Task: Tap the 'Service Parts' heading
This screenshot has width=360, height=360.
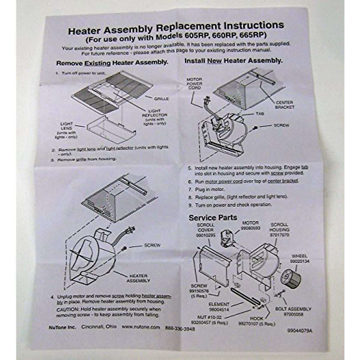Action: [213, 217]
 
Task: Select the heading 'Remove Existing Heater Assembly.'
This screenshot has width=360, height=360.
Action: [112, 63]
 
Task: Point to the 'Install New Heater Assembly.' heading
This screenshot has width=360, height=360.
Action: [233, 61]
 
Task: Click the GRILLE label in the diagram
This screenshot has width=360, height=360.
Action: [161, 98]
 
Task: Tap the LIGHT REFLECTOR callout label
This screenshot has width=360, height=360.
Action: [156, 113]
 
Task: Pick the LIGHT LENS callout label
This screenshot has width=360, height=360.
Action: [67, 126]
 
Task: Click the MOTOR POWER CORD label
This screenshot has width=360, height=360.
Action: [194, 84]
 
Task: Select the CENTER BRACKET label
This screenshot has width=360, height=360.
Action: [284, 105]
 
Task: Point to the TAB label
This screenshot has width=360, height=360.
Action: [260, 114]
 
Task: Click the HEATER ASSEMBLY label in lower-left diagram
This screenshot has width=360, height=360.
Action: [138, 278]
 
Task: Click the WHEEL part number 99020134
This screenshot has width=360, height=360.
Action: [299, 261]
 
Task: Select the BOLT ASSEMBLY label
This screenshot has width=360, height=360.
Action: [293, 309]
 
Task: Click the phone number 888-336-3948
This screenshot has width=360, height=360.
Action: [180, 328]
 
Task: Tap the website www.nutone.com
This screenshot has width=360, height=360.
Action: [141, 327]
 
